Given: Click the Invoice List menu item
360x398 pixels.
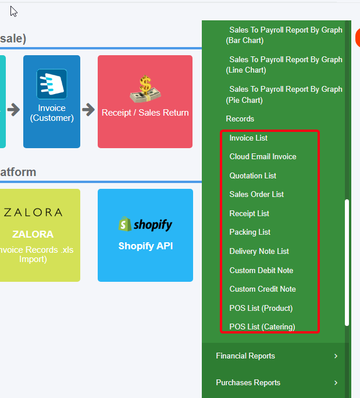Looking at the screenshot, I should coord(248,138).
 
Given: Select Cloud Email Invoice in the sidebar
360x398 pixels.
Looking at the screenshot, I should coord(262,157).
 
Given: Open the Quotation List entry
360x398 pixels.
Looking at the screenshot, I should coord(252,176).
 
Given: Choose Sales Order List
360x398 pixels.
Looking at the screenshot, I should coord(256,195).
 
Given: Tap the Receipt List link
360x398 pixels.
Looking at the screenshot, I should coord(249,214).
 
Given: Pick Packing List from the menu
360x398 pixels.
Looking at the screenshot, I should coord(249,232).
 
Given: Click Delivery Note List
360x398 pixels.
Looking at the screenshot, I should coord(259,252).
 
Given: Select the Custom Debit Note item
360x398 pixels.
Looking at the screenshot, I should coord(261,271).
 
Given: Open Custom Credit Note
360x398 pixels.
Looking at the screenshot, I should coord(262,289).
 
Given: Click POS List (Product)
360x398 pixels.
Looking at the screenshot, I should coord(261,309).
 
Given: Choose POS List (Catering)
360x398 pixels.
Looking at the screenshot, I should coord(262,327).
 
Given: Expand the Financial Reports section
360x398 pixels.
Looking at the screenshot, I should coord(245,356).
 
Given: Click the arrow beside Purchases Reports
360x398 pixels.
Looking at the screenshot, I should coord(336,383).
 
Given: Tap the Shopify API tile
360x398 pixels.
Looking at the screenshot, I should coord(145,235).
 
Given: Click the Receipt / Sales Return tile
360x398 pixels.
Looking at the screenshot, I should coord(145,102).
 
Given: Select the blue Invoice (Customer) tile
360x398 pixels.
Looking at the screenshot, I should coord(52,102).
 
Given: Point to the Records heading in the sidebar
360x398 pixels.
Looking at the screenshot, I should coord(240,119).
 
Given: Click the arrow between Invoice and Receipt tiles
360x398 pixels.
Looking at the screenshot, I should coord(88,109).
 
